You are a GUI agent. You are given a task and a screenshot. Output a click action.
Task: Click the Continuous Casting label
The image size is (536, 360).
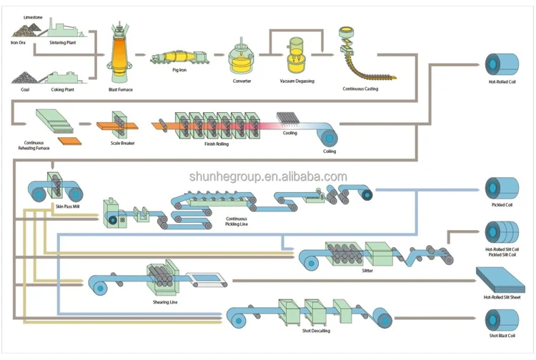point(360,89)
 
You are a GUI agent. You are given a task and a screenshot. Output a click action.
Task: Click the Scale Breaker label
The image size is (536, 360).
point(123,143)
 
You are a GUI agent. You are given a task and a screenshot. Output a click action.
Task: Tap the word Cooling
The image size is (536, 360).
point(290,133)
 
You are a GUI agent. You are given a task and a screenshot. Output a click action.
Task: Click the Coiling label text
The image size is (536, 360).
point(329,151)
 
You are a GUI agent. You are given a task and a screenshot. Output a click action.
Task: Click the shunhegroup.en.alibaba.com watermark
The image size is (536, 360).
point(268,176)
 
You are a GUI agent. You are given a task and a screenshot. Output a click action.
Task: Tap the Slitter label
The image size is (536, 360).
point(367,271)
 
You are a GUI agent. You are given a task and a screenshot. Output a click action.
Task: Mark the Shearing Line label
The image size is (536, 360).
point(166,302)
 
